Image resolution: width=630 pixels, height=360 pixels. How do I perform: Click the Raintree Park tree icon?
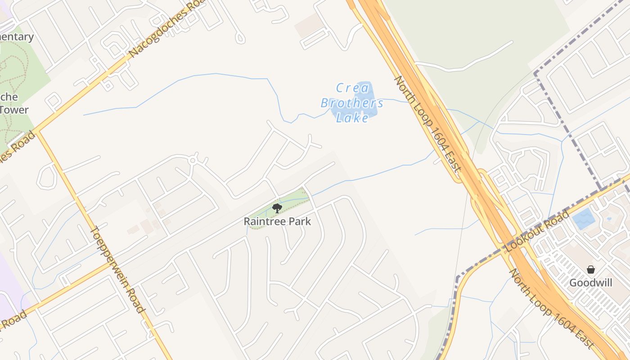coord(277,208)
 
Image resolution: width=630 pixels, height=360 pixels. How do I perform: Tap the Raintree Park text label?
coord(277,221)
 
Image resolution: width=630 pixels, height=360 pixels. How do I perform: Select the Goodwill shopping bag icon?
coord(591,270)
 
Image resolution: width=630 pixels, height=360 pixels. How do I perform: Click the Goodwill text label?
coord(591,283)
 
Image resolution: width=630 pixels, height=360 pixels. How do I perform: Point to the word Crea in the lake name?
coord(352,88)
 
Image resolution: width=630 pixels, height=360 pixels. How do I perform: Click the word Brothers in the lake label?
coord(352,103)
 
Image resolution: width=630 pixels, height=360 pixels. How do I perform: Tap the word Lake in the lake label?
coord(352,118)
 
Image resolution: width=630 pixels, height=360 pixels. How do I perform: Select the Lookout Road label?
coord(537,231)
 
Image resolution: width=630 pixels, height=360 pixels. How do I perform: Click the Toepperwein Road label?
coord(117,270)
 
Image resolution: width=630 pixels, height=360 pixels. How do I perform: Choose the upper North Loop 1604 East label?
coord(427,125)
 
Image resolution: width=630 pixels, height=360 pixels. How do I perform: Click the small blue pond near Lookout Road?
coord(583,219)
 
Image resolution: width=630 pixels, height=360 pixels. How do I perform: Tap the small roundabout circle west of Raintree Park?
coord(193,160)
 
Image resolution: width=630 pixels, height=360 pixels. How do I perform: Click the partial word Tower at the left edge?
coord(13,109)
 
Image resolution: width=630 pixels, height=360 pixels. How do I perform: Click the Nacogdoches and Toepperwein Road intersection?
coord(37,131)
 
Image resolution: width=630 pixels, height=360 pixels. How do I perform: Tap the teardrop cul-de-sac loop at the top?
coord(240,39)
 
